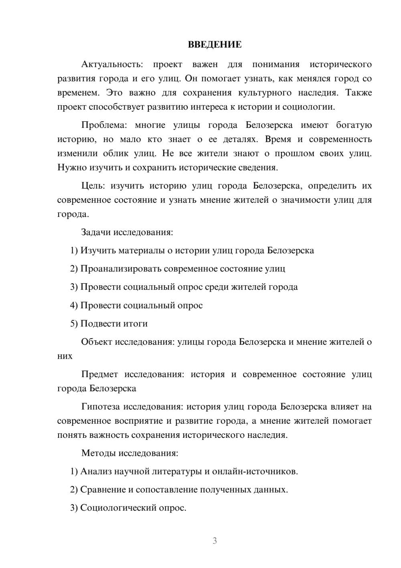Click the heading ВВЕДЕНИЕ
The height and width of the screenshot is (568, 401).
(x=215, y=45)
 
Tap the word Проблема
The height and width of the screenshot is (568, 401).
(x=103, y=125)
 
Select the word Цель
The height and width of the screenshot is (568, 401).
(x=93, y=186)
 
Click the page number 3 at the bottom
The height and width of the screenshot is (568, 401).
(x=215, y=541)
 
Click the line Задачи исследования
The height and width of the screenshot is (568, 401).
(x=127, y=232)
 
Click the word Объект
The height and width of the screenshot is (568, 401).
(x=97, y=342)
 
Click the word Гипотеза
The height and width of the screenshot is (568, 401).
(x=100, y=407)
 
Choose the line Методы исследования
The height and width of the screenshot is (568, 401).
(x=130, y=453)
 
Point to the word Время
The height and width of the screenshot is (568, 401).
(x=278, y=139)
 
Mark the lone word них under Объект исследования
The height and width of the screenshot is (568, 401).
(x=65, y=356)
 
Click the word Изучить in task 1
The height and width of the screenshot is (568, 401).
(x=95, y=251)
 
